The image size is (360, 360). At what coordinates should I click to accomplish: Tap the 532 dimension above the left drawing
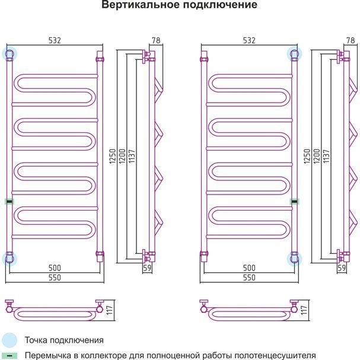click(x=55, y=40)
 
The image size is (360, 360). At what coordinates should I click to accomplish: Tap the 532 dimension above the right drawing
click(x=249, y=40)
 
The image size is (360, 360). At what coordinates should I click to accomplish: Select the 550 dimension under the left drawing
click(x=55, y=278)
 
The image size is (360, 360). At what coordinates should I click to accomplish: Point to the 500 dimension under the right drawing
click(x=249, y=268)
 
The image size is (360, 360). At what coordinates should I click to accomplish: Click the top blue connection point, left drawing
click(x=10, y=55)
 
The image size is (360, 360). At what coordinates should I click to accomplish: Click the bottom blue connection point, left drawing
click(x=10, y=258)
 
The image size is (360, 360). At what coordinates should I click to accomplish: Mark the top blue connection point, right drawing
click(x=294, y=55)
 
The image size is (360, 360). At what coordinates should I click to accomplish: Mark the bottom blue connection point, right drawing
click(x=294, y=258)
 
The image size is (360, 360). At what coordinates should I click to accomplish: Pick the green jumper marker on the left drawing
click(x=9, y=201)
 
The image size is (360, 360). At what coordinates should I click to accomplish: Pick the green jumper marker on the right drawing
click(x=293, y=201)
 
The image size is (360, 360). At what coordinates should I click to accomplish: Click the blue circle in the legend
click(x=9, y=340)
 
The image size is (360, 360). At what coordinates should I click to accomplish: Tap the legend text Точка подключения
click(x=64, y=340)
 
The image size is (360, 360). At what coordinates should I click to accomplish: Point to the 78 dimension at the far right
click(x=350, y=40)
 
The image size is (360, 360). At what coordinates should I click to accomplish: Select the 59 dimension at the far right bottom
click(x=342, y=268)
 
